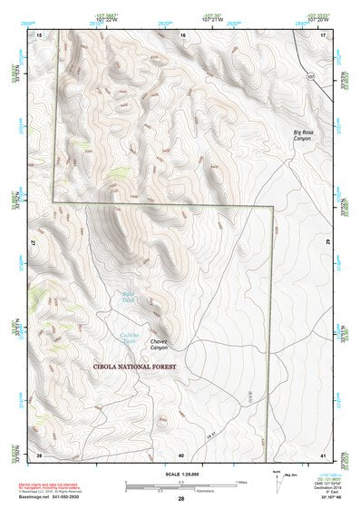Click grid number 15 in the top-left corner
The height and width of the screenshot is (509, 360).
coord(39,34)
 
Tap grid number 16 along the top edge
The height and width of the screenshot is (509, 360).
coord(182,34)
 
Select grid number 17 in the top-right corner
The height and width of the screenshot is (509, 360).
coord(324,34)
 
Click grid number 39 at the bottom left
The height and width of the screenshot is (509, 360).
coord(39,454)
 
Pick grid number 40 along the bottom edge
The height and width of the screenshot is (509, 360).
coord(181,454)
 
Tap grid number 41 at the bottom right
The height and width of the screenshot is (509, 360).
coord(324,454)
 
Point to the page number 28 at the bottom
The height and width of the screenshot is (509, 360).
coord(180,499)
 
